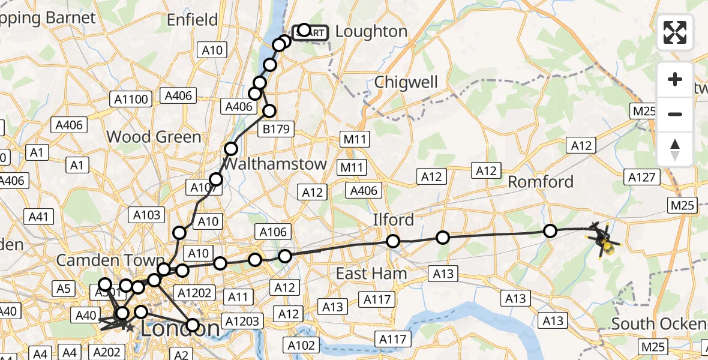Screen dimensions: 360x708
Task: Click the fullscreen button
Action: (675, 32)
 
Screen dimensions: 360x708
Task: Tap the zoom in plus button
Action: (675, 80)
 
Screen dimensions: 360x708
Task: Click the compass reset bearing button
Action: (675, 149)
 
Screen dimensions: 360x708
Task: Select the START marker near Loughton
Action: (310, 32)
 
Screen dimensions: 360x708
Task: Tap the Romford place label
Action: (541, 182)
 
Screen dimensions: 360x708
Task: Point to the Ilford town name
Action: (393, 220)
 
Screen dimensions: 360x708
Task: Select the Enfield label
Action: (192, 20)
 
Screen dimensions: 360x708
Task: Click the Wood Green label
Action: (154, 137)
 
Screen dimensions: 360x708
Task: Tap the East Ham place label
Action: (371, 274)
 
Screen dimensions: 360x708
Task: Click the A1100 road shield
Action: (130, 99)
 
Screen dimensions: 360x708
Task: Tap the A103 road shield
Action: (147, 215)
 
